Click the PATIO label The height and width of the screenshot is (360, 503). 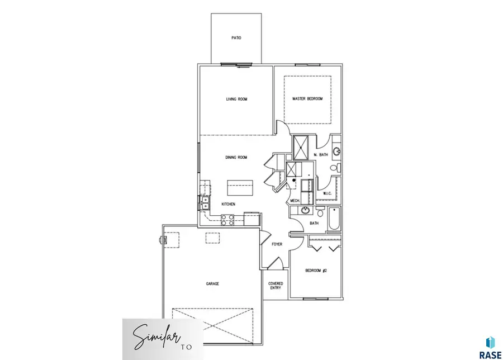click(236, 39)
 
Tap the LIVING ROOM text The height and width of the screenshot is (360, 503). click(236, 100)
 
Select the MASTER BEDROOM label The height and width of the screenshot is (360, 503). click(307, 100)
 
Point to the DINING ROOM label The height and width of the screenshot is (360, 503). click(236, 158)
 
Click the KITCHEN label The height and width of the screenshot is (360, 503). click(228, 205)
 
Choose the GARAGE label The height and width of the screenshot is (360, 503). click(212, 284)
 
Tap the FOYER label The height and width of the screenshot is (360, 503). click(277, 244)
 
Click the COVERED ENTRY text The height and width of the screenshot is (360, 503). click(276, 286)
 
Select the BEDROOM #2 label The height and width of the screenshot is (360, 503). click(315, 271)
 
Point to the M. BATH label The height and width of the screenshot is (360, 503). click(320, 155)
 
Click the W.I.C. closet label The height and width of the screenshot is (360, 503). click(328, 194)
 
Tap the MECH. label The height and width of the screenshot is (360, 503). click(295, 201)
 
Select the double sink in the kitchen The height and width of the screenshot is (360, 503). click(205, 202)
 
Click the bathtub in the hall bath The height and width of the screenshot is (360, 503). click(334, 219)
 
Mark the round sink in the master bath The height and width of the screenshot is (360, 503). click(336, 151)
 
